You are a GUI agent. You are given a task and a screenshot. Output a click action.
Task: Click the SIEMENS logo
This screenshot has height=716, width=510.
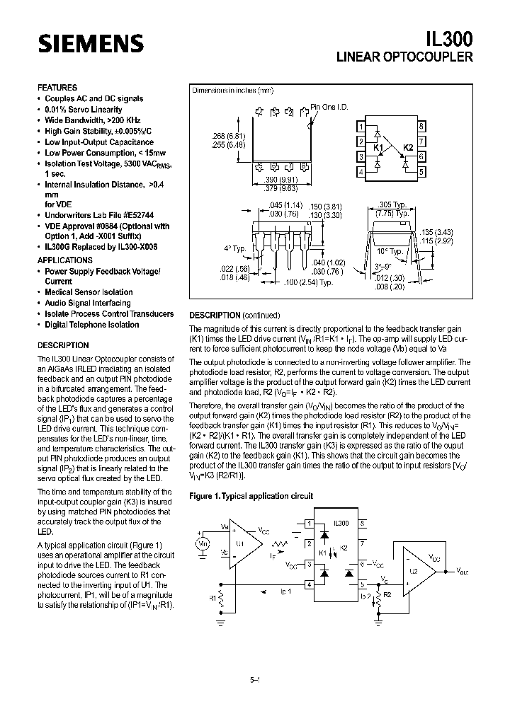point(81,45)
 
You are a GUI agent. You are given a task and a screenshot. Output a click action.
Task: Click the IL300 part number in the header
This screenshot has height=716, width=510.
point(450,37)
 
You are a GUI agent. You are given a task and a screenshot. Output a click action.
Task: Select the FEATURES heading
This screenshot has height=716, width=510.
point(57,88)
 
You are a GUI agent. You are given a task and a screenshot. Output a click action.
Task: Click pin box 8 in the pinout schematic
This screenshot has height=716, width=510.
point(421,127)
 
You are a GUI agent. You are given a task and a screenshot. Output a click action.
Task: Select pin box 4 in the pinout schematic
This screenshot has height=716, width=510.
point(361,171)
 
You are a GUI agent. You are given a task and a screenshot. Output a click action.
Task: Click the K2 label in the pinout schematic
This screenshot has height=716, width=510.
point(407,148)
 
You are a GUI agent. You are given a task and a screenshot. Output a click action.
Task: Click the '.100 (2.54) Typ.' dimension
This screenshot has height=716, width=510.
point(308,282)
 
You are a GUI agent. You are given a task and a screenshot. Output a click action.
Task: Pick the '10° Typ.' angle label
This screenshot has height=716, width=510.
point(388,251)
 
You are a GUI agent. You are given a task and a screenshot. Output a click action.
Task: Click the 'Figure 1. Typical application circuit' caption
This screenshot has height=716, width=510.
point(251,497)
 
